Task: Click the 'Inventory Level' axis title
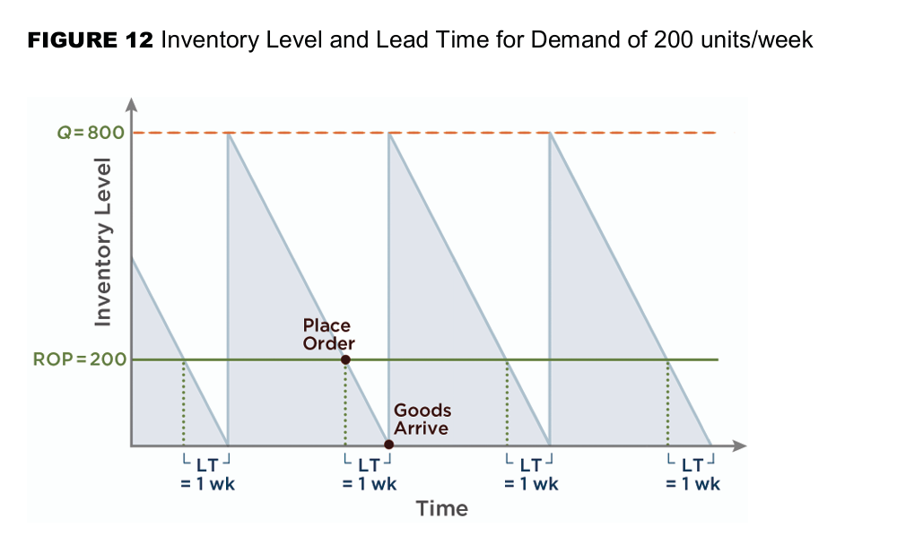pos(105,241)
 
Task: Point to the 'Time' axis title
pos(441,509)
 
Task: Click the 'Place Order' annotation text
pos(328,334)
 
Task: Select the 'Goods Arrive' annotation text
pos(422,419)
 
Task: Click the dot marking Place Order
pos(345,359)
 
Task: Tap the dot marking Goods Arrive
pos(388,445)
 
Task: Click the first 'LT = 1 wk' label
pos(206,474)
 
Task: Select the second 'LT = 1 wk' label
pos(369,474)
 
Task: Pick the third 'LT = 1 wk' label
pos(530,474)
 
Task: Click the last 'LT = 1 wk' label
pos(692,474)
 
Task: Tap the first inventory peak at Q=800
pos(228,134)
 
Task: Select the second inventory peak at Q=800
pos(388,134)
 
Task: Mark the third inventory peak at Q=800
pos(549,134)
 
